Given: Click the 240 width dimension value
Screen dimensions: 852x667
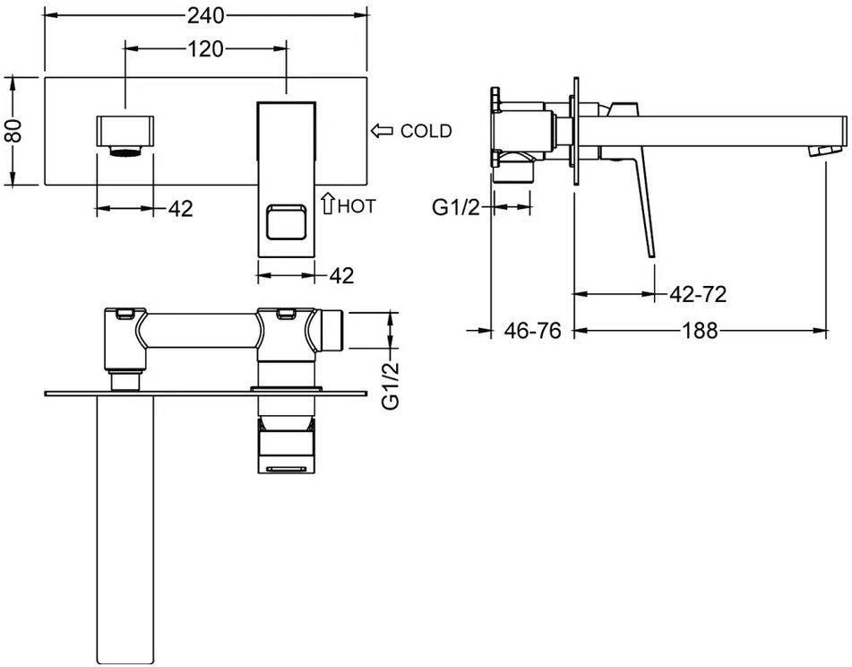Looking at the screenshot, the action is [x=205, y=15].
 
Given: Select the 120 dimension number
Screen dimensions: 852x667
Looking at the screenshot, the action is [x=205, y=49].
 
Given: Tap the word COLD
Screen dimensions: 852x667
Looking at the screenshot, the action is [x=426, y=131].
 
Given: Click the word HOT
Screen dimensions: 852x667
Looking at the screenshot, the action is [x=357, y=206].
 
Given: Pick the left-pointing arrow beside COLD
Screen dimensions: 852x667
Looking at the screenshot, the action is [x=383, y=131].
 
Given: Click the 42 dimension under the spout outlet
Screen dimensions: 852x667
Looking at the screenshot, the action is [x=181, y=208].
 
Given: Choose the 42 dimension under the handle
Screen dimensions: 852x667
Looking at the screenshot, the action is [x=341, y=275].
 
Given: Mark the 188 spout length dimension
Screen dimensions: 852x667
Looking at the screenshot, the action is [x=700, y=330].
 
